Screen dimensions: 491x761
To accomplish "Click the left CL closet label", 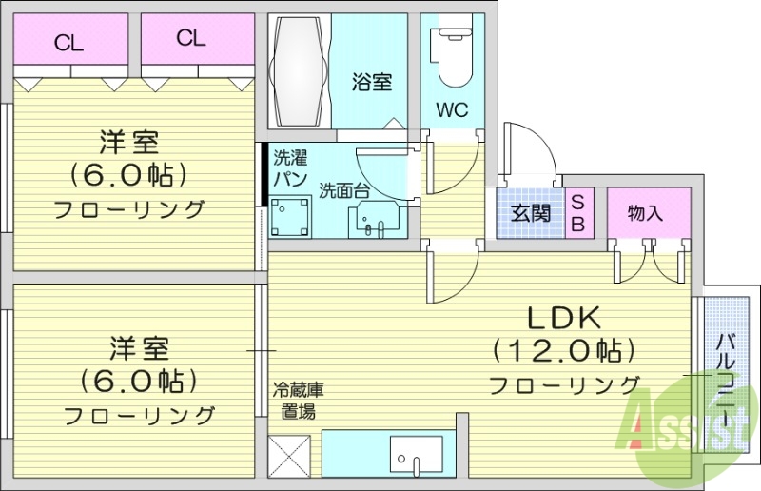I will click(67, 41).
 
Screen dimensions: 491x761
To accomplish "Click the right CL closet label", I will click(190, 38).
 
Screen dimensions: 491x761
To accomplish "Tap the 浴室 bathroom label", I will click(372, 83).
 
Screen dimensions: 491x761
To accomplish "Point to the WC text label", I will click(452, 110).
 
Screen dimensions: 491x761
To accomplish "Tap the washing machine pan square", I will click(292, 218).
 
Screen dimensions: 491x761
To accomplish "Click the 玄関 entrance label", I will click(530, 212).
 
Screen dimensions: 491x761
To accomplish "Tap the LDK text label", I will click(561, 318).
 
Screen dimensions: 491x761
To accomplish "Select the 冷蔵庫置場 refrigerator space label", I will click(298, 401).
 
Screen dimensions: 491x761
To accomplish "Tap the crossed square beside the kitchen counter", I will click(291, 456).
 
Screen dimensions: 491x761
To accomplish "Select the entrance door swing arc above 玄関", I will click(529, 152).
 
